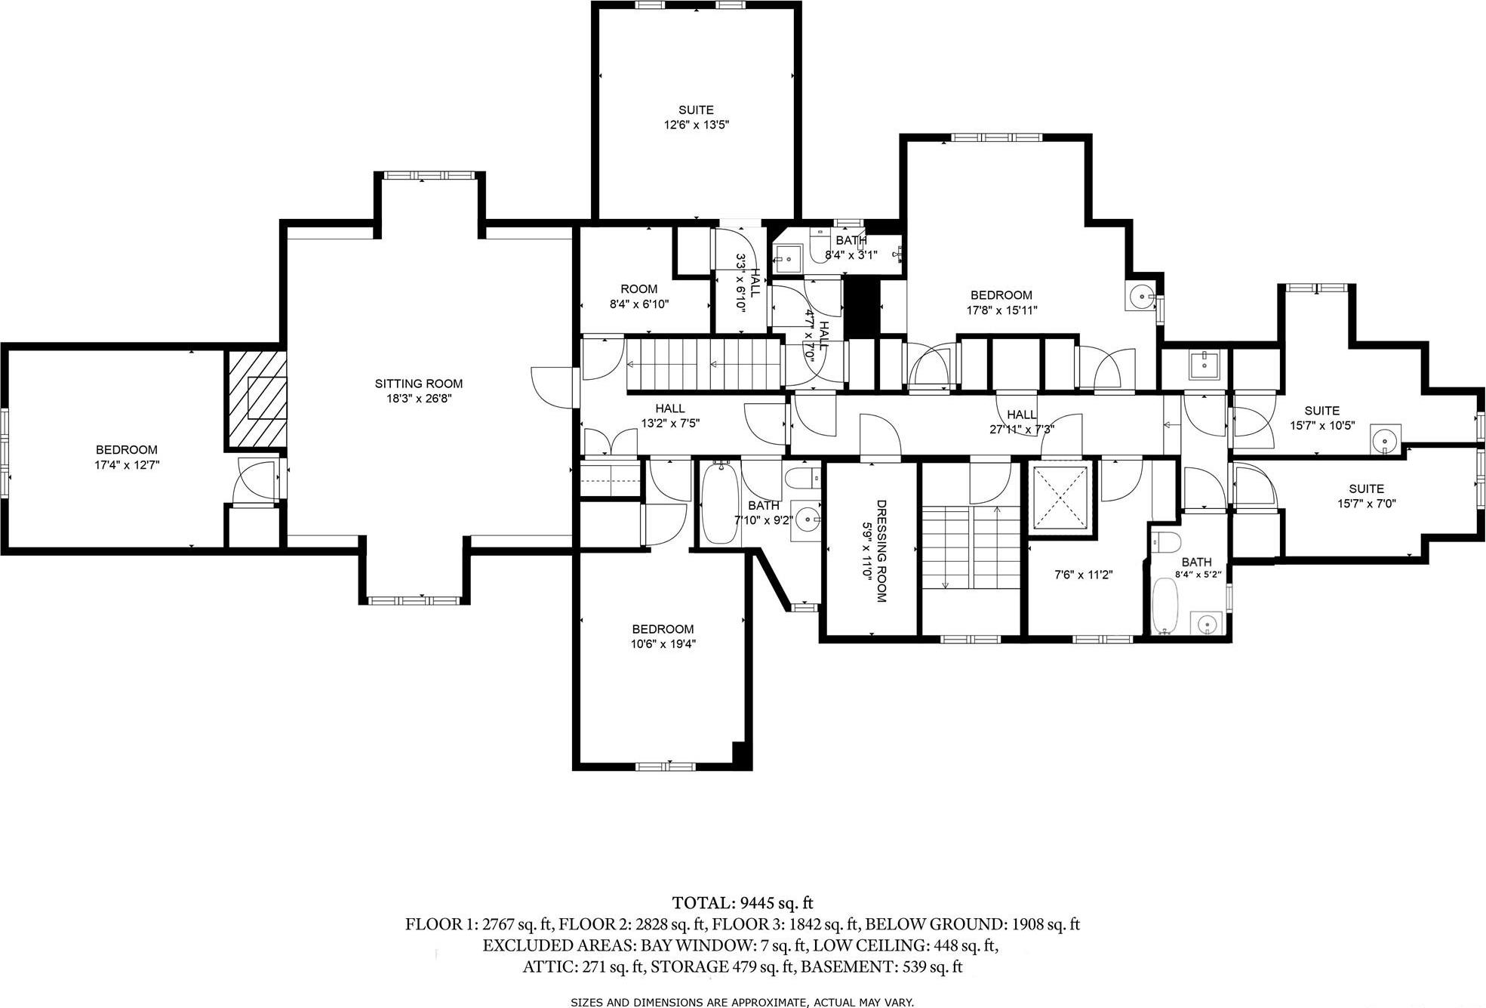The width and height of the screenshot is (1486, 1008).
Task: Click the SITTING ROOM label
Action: click(418, 384)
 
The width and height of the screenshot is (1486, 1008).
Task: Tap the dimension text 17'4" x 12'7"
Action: click(127, 465)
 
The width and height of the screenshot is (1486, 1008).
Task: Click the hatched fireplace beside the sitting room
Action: click(257, 400)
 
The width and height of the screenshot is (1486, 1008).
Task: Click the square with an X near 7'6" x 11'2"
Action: click(1060, 498)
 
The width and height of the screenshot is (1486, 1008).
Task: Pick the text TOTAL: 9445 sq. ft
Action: click(743, 903)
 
